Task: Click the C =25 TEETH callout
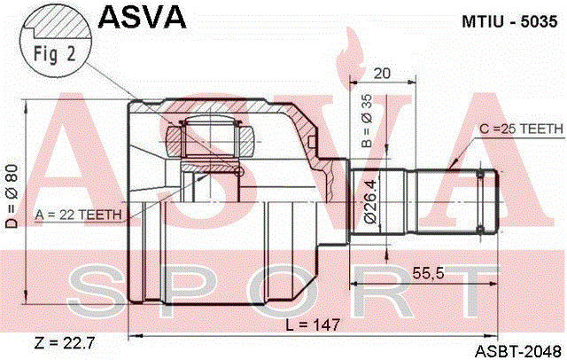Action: click(x=521, y=129)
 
